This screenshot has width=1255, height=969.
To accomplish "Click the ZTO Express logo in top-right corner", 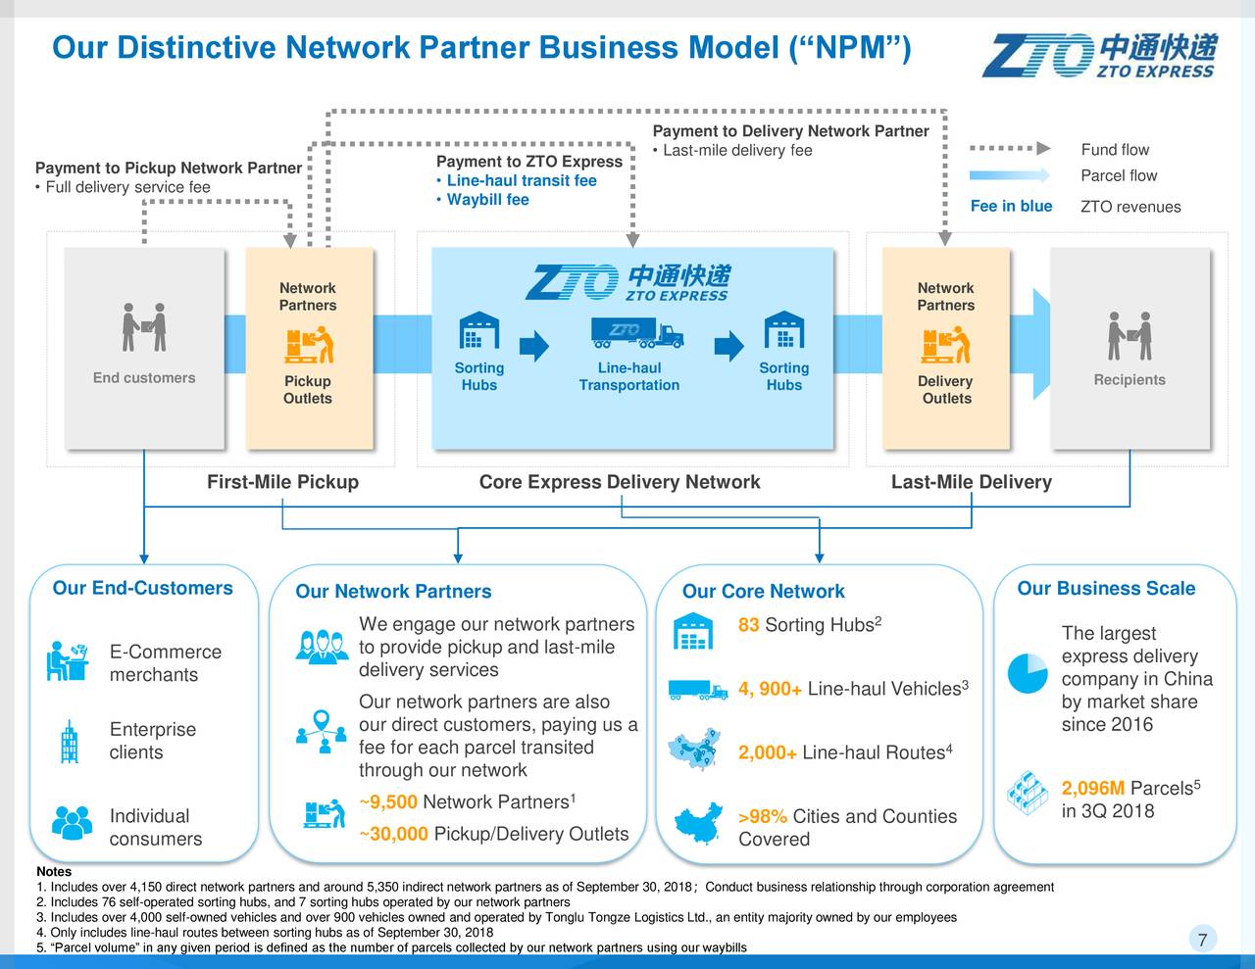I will click(1099, 55).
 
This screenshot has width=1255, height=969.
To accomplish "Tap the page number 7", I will click(1203, 941).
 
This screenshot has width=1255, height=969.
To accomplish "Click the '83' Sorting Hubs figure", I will click(748, 626).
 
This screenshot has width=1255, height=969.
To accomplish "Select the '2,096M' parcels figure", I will click(1092, 790).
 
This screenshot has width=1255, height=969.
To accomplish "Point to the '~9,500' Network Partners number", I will click(389, 803).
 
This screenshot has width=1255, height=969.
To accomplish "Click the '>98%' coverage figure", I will click(762, 818).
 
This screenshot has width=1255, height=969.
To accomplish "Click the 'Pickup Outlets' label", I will click(308, 390).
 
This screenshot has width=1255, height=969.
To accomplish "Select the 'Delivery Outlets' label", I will click(945, 390).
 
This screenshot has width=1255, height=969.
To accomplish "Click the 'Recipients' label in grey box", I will click(1129, 380).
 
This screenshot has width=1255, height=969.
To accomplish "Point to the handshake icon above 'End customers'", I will click(144, 327).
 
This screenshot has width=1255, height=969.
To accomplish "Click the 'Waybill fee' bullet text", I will click(487, 200).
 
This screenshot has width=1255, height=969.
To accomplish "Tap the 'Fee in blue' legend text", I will click(1011, 206).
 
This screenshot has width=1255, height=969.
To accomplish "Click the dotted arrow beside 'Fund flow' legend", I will click(1010, 149).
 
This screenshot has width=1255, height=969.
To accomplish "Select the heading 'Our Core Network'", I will click(763, 592).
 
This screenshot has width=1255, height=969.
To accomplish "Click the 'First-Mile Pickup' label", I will click(282, 482).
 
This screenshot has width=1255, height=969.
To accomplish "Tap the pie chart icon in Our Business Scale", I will click(1027, 672).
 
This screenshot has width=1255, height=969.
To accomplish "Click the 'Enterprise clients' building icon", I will click(69, 742).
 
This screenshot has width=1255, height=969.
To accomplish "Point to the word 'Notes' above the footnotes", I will click(53, 872).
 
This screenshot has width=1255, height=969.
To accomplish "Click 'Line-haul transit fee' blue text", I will click(521, 181).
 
